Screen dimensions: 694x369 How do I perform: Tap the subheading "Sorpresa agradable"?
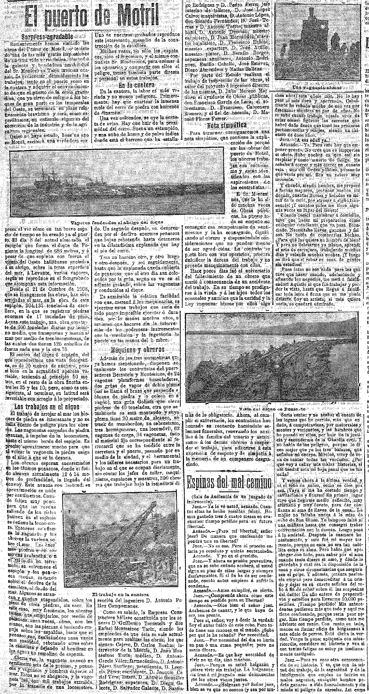[x=48, y=36]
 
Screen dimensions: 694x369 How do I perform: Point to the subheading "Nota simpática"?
[x=227, y=125]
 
